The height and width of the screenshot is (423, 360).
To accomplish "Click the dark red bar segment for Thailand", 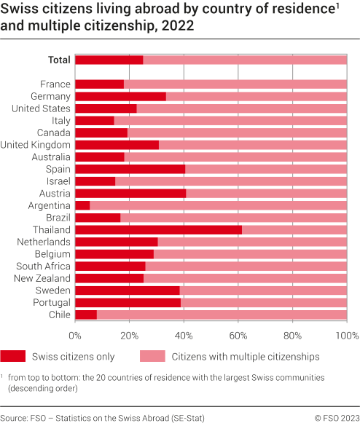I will tap(158, 229).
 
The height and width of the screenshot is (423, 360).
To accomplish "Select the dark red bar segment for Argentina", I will tap(82, 205).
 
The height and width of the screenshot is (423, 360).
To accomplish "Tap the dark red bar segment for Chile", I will tap(86, 315).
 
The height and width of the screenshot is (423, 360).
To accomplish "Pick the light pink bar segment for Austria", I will tap(266, 193).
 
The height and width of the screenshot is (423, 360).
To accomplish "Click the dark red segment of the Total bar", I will tap(109, 60).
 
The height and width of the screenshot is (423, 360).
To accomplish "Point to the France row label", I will tap(55, 84).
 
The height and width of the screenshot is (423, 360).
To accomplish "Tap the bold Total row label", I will tap(59, 60).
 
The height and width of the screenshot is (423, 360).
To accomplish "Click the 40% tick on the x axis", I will tap(184, 336).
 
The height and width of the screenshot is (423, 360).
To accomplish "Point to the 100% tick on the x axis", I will tap(346, 336).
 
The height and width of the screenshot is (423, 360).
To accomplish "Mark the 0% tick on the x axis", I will tap(75, 336).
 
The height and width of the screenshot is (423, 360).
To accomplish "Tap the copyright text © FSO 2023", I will tap(335, 417).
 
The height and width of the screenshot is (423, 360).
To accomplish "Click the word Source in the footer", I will tap(15, 417).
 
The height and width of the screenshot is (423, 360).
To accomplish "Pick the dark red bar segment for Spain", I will tap(130, 169).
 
